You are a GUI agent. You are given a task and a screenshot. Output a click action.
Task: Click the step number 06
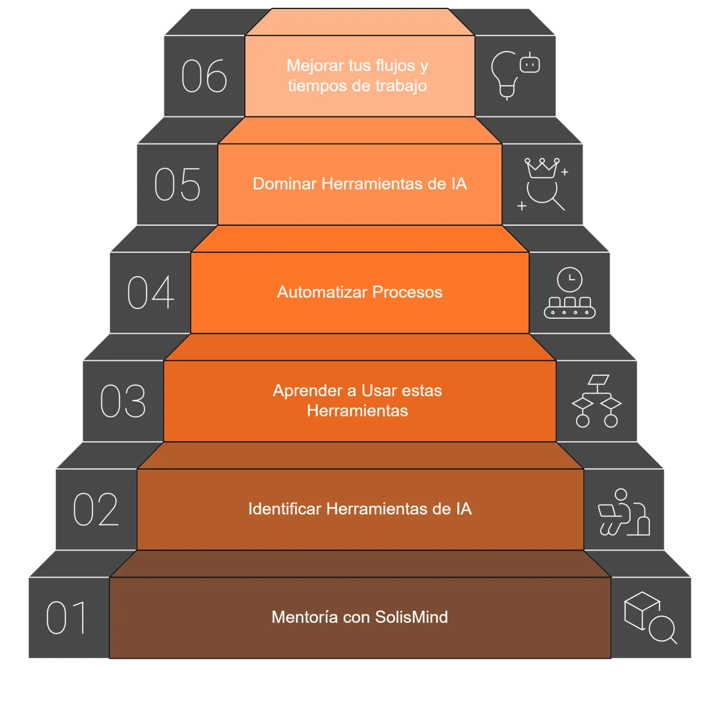[x=204, y=76]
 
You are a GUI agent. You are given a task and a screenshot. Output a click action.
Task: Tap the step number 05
[x=177, y=184]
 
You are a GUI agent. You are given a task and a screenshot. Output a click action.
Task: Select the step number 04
[x=151, y=292]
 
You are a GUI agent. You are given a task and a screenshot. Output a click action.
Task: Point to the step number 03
[x=123, y=401]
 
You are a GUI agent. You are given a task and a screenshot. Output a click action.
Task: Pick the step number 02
[x=96, y=509]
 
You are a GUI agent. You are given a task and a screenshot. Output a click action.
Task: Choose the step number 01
[x=67, y=618]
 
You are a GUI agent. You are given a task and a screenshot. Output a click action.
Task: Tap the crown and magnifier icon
[x=544, y=184]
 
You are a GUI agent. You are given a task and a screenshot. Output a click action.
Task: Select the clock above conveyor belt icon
[x=569, y=292]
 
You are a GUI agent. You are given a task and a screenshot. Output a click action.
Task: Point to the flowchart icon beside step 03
[x=596, y=401]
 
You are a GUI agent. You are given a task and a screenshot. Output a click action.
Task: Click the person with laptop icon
[x=623, y=512]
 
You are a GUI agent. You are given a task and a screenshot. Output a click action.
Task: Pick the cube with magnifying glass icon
[x=650, y=617]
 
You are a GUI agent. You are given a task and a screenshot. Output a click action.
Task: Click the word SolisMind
[x=412, y=617]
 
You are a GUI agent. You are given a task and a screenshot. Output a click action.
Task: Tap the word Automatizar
[x=322, y=292]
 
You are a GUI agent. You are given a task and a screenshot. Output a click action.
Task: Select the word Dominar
[x=284, y=184]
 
